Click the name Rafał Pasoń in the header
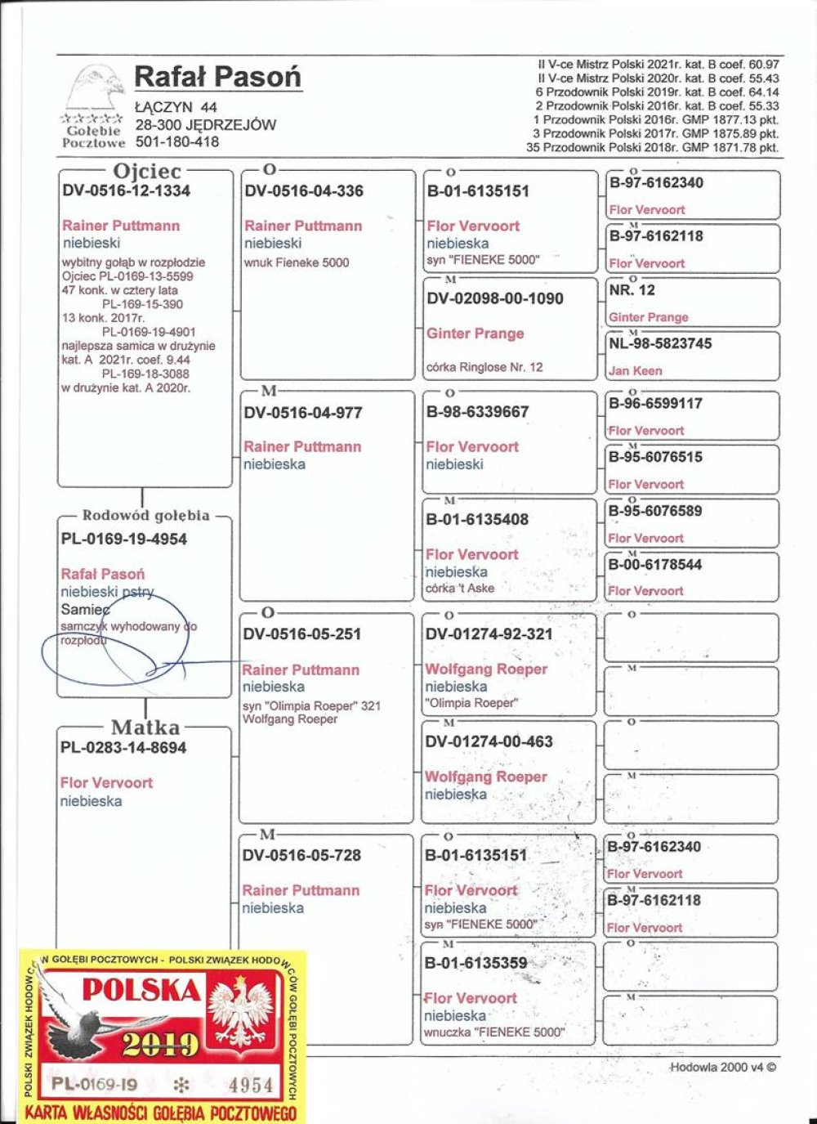click(217, 77)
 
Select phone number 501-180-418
click(177, 141)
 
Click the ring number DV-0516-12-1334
click(127, 191)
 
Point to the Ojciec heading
click(147, 171)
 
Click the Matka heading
click(145, 727)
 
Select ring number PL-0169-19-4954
click(124, 540)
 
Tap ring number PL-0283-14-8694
click(123, 748)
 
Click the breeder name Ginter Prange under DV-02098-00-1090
click(475, 334)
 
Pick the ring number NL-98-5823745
click(660, 344)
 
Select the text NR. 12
click(632, 290)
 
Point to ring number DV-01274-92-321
click(489, 634)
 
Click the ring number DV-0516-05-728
click(301, 856)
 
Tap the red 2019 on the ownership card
click(161, 1044)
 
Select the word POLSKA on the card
click(141, 990)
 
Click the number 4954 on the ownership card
click(251, 1085)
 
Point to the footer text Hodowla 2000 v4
click(723, 1067)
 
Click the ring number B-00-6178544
click(655, 565)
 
